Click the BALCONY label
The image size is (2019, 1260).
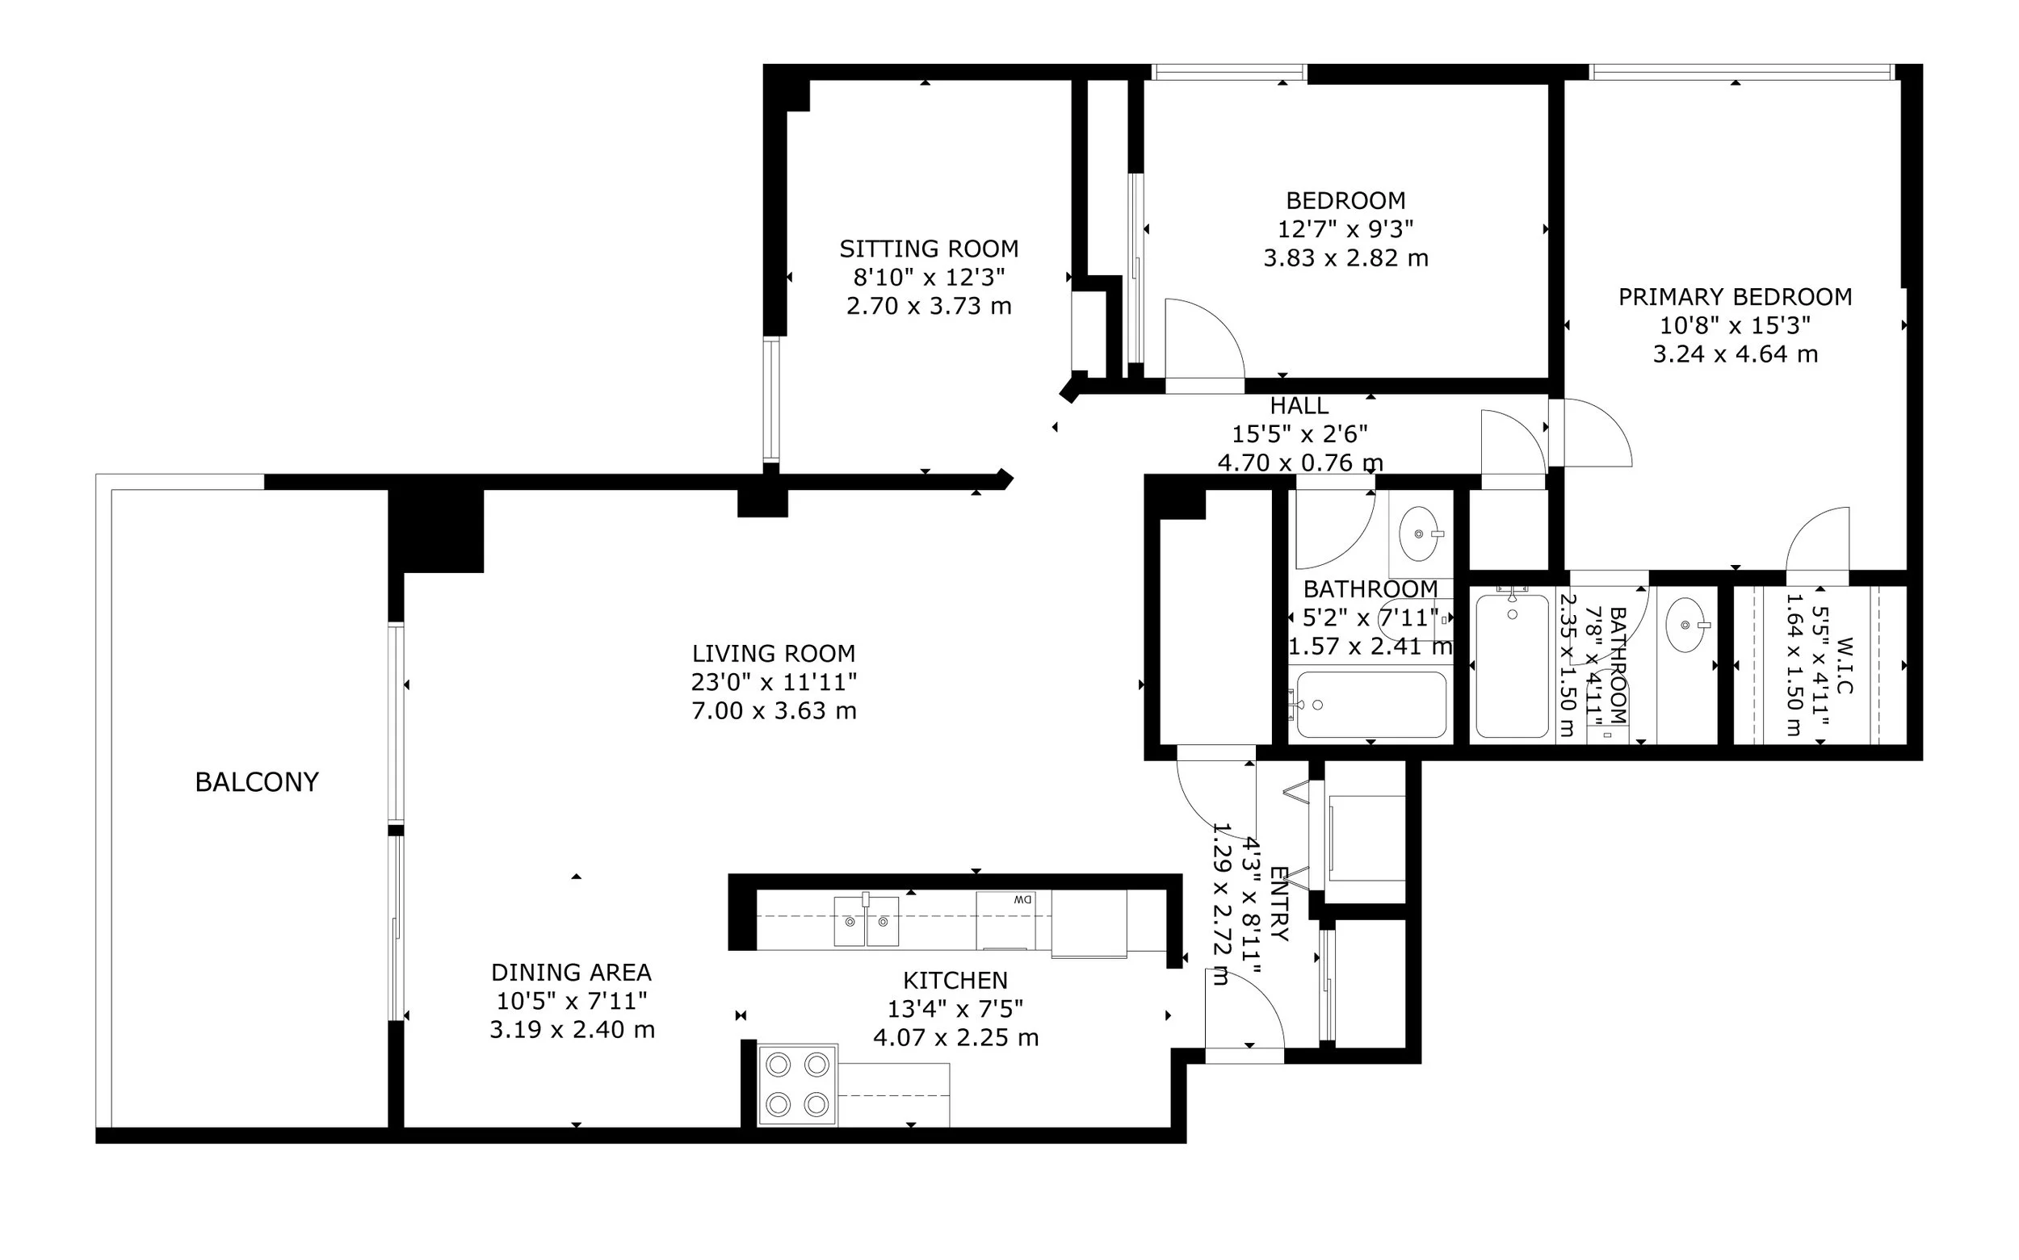(257, 781)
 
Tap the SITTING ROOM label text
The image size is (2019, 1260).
(929, 249)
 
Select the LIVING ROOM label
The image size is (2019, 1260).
(774, 653)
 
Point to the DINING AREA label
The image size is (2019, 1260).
(571, 973)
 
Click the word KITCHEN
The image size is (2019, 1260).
(955, 980)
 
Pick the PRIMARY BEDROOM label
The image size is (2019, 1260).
(1736, 297)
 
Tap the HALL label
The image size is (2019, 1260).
(1299, 406)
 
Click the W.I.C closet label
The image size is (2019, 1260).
(1844, 666)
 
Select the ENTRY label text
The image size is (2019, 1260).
(1278, 904)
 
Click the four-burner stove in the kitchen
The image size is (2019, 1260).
(798, 1084)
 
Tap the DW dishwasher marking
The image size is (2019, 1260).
(1022, 899)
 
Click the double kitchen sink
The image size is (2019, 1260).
(867, 922)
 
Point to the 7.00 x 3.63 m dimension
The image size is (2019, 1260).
(774, 711)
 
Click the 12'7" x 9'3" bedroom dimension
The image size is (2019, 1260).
(1345, 229)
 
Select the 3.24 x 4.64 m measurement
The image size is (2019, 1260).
(1736, 354)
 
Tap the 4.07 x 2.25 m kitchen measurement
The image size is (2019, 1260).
(955, 1037)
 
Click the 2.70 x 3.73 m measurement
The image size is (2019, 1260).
(929, 306)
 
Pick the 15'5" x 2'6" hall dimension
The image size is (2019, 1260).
(1299, 434)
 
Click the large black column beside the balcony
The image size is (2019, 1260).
(436, 531)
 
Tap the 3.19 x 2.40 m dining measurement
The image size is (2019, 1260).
(572, 1030)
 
